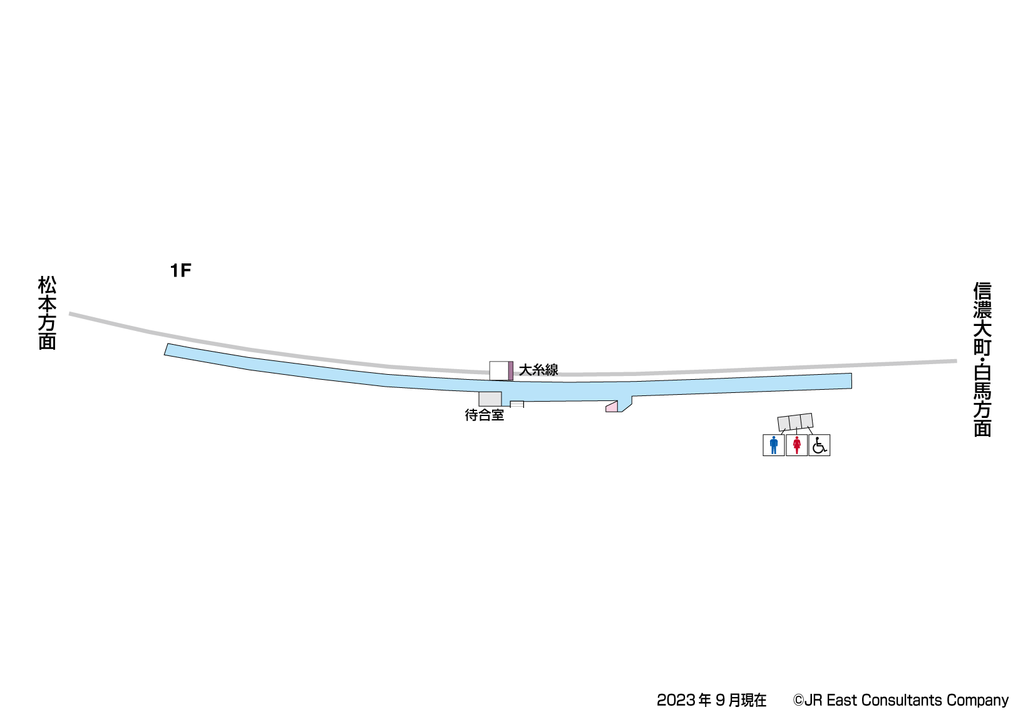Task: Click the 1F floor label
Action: (180, 270)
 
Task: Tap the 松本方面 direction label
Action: (48, 313)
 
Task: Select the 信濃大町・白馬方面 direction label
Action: (982, 360)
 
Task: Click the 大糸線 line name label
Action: (538, 370)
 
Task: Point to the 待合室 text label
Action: (484, 415)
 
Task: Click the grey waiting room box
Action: (490, 399)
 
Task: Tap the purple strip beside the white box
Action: (511, 370)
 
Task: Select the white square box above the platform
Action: (498, 370)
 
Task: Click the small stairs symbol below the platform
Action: (517, 404)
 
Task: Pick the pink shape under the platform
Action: (612, 407)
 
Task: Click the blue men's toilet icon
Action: (774, 445)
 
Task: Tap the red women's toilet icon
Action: (796, 445)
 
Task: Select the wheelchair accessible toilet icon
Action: (819, 445)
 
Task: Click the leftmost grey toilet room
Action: (784, 424)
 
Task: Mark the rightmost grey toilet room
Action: (806, 420)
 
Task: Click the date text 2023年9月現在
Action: (711, 700)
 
